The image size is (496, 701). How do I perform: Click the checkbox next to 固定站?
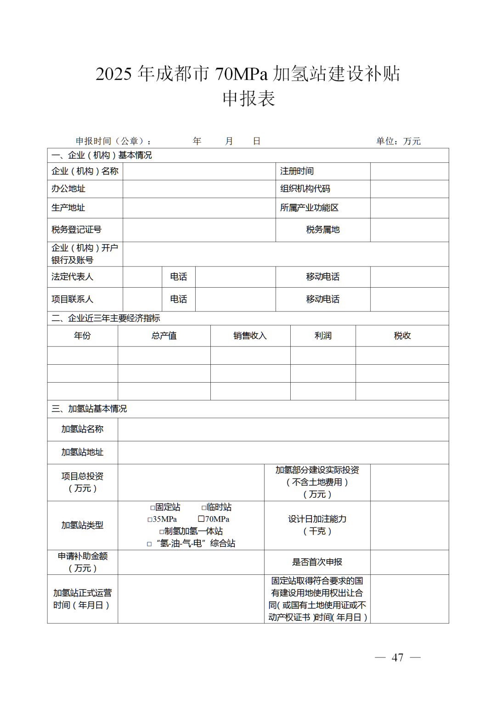click(x=153, y=508)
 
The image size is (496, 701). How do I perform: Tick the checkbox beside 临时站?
click(x=204, y=508)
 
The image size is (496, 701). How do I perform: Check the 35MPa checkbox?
click(x=150, y=520)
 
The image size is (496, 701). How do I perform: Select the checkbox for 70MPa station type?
click(x=201, y=519)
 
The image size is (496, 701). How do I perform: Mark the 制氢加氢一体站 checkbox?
click(x=162, y=532)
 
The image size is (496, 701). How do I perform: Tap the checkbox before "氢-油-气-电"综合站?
click(x=149, y=544)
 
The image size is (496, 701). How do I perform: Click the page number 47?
click(x=397, y=657)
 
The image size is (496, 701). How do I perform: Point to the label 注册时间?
click(x=297, y=171)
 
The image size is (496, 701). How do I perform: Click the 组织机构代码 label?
click(x=305, y=189)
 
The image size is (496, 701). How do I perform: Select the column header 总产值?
click(x=164, y=336)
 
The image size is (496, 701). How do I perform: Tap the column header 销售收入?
click(x=250, y=336)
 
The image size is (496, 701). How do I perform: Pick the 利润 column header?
click(x=323, y=336)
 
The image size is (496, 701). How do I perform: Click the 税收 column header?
click(x=402, y=336)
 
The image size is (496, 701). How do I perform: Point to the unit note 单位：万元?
click(x=398, y=141)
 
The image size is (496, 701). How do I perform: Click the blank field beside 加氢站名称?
click(x=283, y=429)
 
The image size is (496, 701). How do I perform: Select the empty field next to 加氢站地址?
click(x=283, y=452)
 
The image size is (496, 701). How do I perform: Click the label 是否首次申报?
click(x=317, y=562)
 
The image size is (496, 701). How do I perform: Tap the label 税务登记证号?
click(x=76, y=230)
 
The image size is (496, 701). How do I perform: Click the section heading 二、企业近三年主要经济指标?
click(x=106, y=318)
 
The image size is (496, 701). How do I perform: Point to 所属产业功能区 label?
click(x=309, y=208)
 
